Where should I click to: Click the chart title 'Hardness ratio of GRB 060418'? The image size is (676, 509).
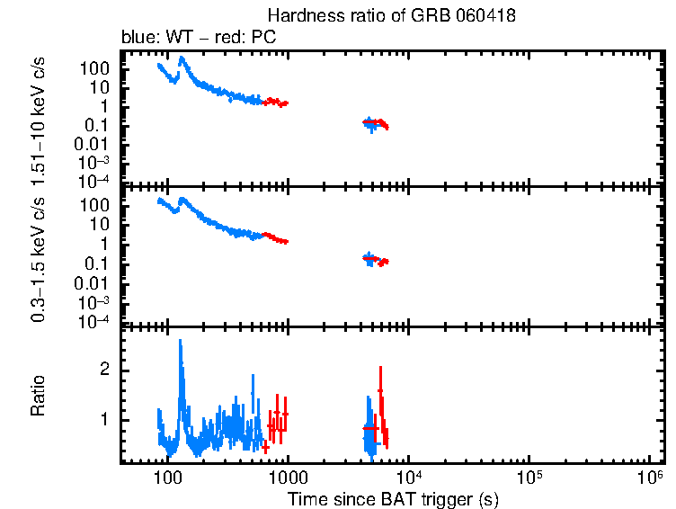(392, 16)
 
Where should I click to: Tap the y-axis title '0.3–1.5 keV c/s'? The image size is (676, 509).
(40, 255)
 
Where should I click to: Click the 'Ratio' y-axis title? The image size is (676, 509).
(40, 396)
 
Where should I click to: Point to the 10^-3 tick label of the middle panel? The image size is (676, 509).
(96, 302)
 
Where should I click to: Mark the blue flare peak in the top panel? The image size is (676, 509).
(182, 59)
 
